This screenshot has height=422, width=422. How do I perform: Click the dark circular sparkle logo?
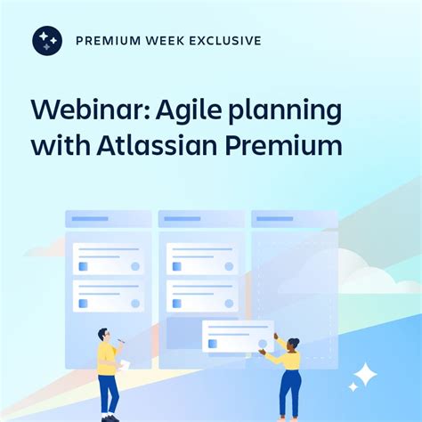(47, 41)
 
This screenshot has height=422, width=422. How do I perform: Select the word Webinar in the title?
(79, 111)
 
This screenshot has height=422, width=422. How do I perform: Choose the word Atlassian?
(172, 144)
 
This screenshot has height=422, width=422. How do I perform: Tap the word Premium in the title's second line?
(290, 144)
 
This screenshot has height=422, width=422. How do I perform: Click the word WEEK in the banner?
(165, 41)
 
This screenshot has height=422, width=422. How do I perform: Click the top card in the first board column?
(109, 258)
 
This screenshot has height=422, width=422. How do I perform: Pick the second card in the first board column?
(109, 296)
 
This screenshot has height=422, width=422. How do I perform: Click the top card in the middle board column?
(201, 258)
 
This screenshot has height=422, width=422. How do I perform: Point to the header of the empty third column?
(294, 219)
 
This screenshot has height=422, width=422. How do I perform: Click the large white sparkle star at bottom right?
(363, 376)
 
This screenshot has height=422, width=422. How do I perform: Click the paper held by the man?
(125, 364)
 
